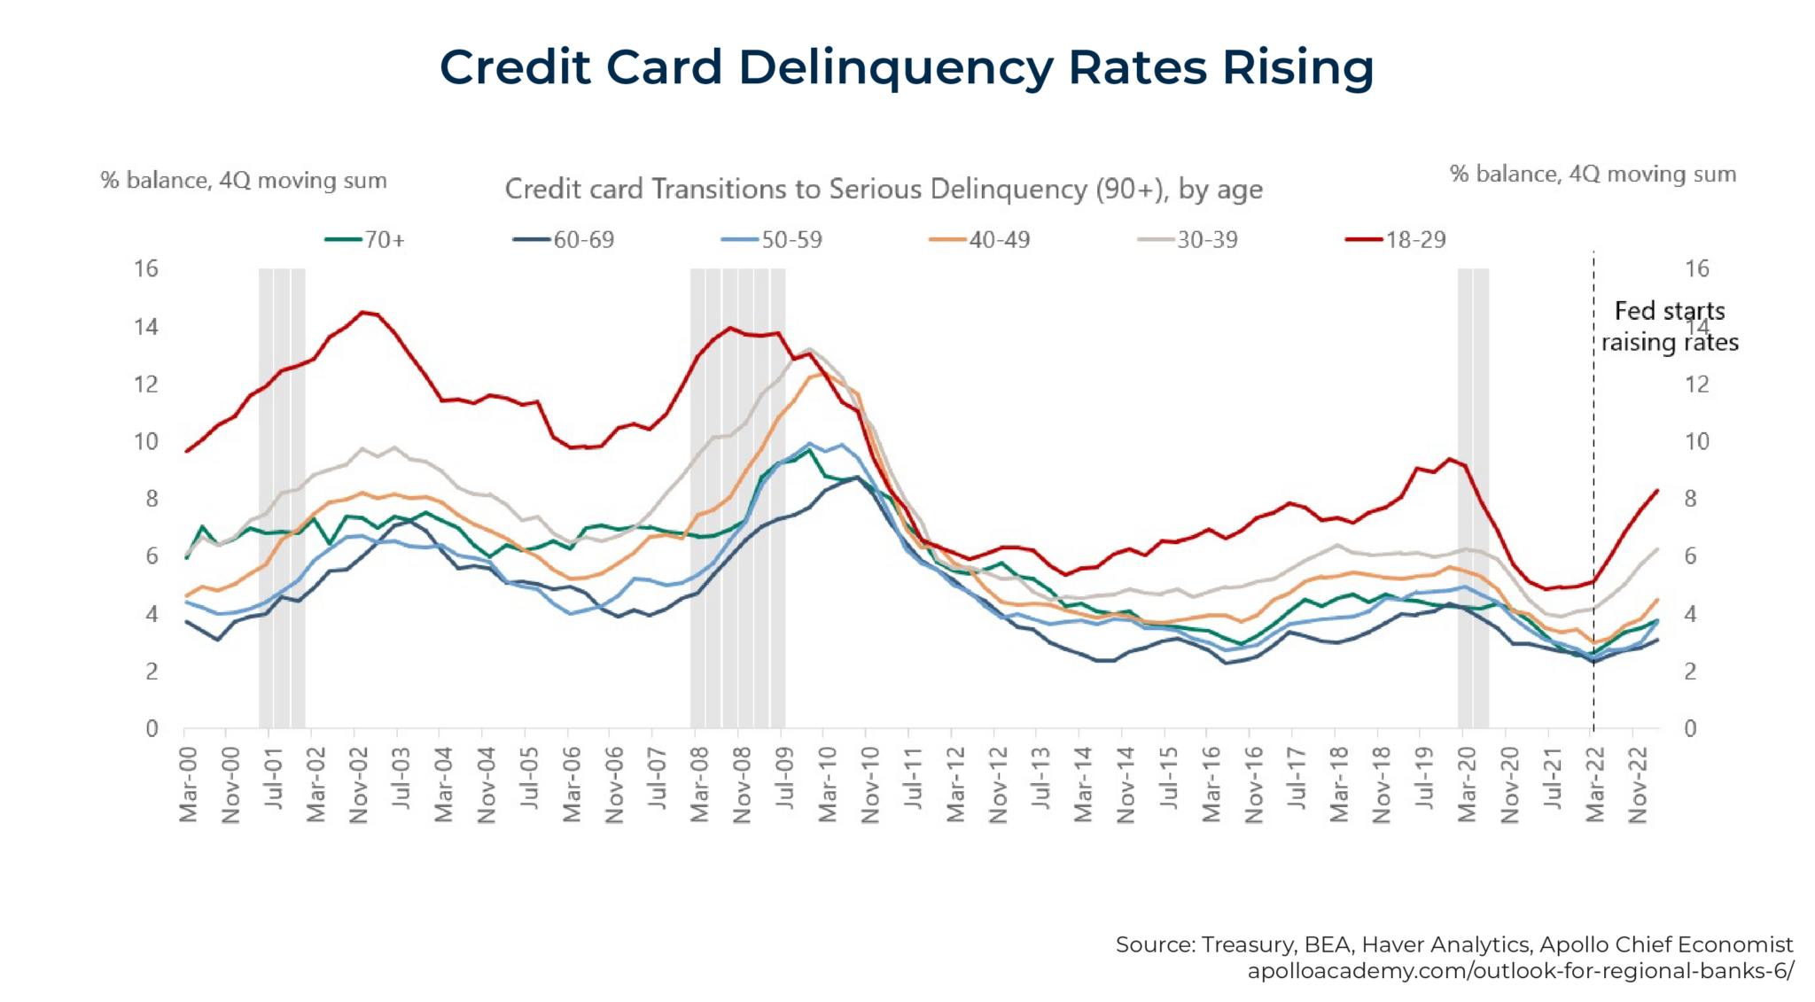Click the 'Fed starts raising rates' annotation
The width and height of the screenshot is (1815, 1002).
(1669, 326)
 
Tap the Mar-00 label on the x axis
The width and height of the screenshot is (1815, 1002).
(188, 783)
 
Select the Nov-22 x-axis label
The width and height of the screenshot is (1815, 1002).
(1638, 783)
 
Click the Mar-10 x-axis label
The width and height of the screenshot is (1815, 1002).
(827, 783)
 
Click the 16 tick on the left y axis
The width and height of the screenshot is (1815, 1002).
(146, 268)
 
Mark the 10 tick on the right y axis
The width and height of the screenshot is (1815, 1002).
(1696, 441)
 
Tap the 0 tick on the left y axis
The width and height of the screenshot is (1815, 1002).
(152, 728)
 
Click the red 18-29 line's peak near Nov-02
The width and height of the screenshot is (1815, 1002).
(362, 312)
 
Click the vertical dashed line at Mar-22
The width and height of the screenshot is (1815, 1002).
(1593, 532)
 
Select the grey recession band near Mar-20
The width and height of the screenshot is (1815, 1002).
(1473, 496)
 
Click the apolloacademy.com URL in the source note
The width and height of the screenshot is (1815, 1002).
(1520, 971)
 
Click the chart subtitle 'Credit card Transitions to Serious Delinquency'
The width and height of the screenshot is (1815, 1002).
(883, 189)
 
